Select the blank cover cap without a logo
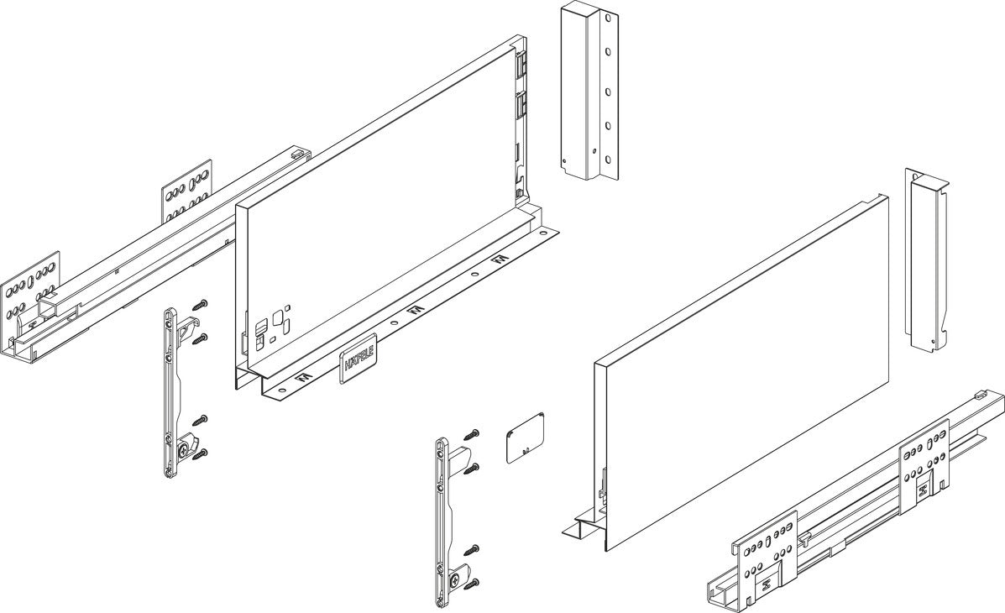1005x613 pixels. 526,437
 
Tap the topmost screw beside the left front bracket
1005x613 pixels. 202,305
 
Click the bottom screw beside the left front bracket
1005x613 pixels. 202,454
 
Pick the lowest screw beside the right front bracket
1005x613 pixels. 472,584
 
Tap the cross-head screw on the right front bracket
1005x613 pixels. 454,579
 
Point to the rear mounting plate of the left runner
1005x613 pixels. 186,191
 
